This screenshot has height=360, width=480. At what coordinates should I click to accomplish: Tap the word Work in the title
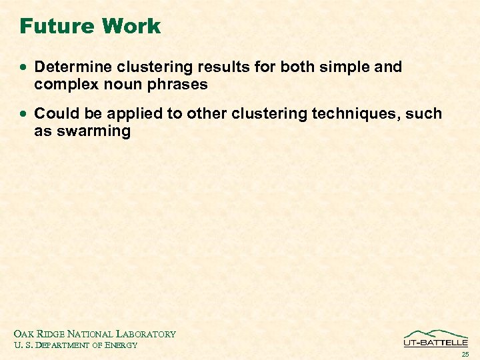(x=131, y=27)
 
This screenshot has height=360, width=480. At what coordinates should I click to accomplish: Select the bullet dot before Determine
(x=25, y=68)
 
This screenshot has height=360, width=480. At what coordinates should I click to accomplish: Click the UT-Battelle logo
(x=435, y=338)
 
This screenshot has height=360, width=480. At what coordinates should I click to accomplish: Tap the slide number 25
(x=465, y=354)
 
